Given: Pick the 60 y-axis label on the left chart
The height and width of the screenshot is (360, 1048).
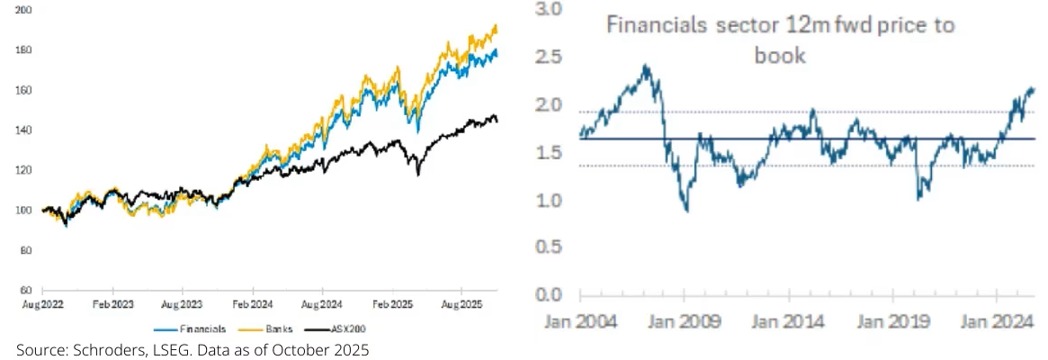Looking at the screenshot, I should coord(27,291).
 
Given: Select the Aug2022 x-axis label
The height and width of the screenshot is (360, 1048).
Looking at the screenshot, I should coord(43,306).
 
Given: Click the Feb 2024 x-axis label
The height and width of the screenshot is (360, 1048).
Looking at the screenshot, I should coord(253,306).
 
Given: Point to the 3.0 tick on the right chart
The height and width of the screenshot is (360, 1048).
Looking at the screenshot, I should coord(550,10).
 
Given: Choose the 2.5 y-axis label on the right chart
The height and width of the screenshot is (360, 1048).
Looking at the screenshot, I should coord(550,58).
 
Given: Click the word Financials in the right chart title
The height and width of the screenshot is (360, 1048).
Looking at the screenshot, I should coord(656,25).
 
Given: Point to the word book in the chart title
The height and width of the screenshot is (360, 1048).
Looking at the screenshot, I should coord(779,56).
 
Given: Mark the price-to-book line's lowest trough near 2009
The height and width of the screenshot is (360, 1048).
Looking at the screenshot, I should coord(686,211).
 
